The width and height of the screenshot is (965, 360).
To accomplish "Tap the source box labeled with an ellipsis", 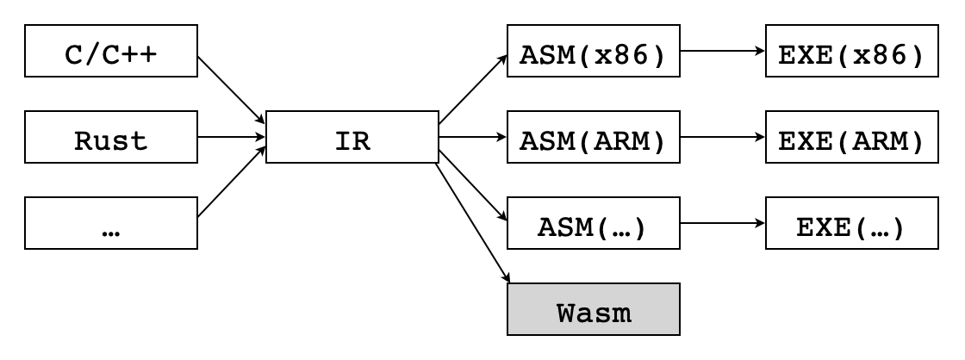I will tap(111, 222).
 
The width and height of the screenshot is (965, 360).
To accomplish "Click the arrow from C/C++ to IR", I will tap(232, 91).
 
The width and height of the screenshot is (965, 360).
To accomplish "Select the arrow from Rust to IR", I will tap(232, 136).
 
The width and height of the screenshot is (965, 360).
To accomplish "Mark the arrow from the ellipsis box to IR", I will tap(232, 182).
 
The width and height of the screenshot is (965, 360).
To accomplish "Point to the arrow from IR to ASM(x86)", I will tap(473, 91).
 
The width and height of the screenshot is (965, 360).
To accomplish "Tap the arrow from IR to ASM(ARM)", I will tap(473, 136).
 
